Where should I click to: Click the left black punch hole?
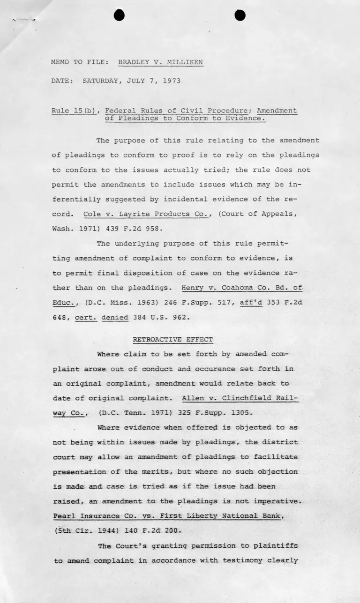tap(120, 15)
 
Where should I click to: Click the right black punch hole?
tap(240, 15)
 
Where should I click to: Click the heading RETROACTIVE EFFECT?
tap(173, 339)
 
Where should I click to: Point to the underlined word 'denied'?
tap(115, 317)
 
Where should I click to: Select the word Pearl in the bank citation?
tap(64, 516)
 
